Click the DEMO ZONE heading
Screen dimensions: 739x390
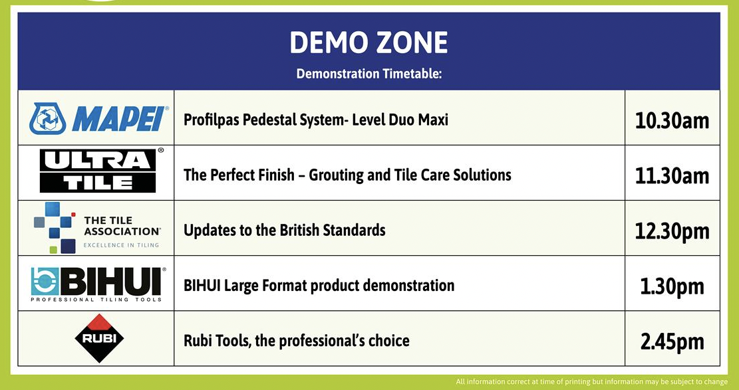[369, 43]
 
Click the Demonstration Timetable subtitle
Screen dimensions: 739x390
[369, 74]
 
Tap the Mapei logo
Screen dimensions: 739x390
[98, 119]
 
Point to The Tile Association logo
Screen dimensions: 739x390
[96, 227]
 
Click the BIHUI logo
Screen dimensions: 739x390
[98, 284]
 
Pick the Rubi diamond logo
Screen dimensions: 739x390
[99, 338]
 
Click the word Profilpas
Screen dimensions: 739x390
[212, 120]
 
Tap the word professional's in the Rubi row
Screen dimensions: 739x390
[322, 341]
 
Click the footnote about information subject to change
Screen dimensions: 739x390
[591, 381]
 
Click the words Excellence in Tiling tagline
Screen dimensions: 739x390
[121, 245]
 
